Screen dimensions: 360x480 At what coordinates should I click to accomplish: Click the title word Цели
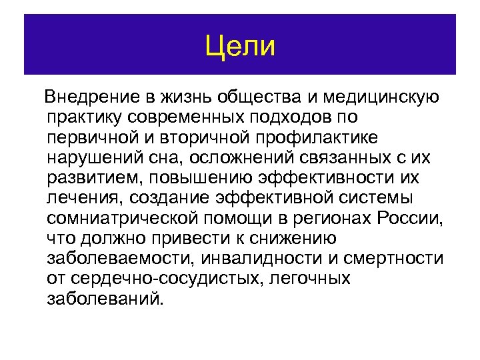pos(239,46)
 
